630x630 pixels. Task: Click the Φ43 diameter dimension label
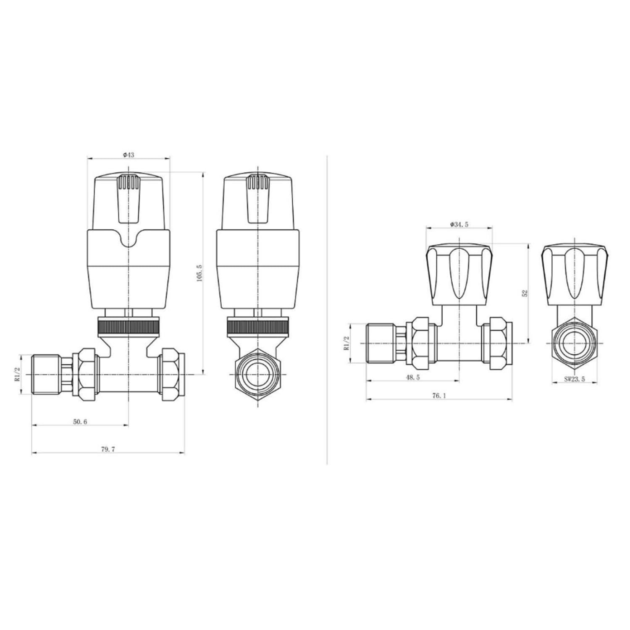[129, 155]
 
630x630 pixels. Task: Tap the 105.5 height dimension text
[199, 273]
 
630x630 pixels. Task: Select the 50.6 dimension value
[80, 422]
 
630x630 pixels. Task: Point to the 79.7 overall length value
[108, 449]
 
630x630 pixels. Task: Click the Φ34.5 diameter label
[459, 225]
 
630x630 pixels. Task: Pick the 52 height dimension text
[525, 293]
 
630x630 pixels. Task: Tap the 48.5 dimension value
[412, 378]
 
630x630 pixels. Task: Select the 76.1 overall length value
[438, 396]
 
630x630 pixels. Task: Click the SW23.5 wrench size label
[574, 379]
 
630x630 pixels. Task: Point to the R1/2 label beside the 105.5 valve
[17, 374]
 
